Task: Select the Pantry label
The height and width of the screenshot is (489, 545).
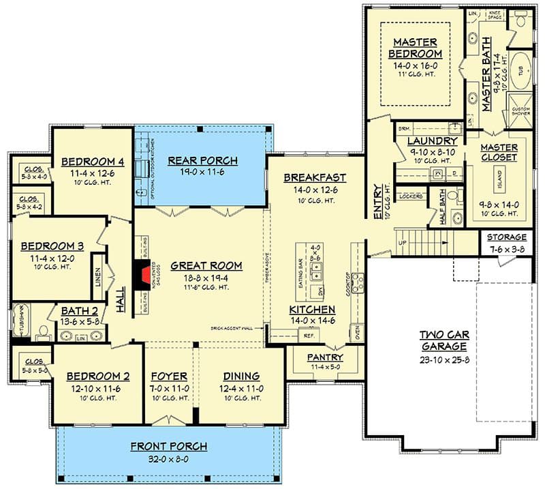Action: click(324, 357)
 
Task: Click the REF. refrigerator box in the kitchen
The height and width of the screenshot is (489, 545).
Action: click(309, 336)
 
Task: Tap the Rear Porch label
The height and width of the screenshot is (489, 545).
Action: click(202, 161)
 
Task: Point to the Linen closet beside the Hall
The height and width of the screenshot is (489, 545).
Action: click(97, 276)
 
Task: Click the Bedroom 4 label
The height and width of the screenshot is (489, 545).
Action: click(93, 162)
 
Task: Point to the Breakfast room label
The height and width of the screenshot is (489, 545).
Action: click(315, 177)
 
